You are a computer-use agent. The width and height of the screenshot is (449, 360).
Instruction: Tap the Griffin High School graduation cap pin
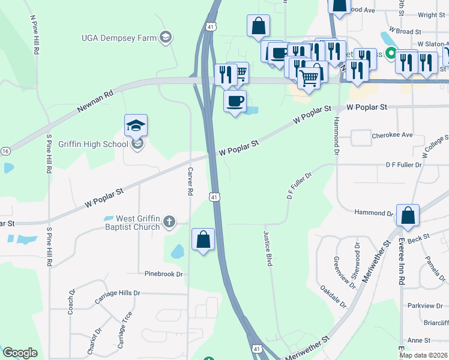click(136, 126)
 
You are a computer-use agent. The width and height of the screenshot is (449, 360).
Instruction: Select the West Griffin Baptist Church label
click(133, 223)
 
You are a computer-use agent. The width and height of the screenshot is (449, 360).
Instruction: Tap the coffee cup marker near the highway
click(235, 100)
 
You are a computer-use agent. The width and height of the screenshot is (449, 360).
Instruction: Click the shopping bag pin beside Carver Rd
click(203, 239)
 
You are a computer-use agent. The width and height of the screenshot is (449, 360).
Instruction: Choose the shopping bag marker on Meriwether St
click(408, 217)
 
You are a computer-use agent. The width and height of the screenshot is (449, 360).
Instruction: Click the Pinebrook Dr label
click(163, 274)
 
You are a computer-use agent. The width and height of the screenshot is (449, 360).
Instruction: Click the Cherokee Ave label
click(393, 135)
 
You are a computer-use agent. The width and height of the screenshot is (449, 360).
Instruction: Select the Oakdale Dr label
click(334, 295)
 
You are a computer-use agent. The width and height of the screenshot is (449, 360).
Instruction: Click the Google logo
click(20, 353)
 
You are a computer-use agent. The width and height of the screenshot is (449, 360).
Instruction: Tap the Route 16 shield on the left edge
click(4, 151)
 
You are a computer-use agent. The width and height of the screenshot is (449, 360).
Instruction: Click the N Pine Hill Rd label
click(34, 34)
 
